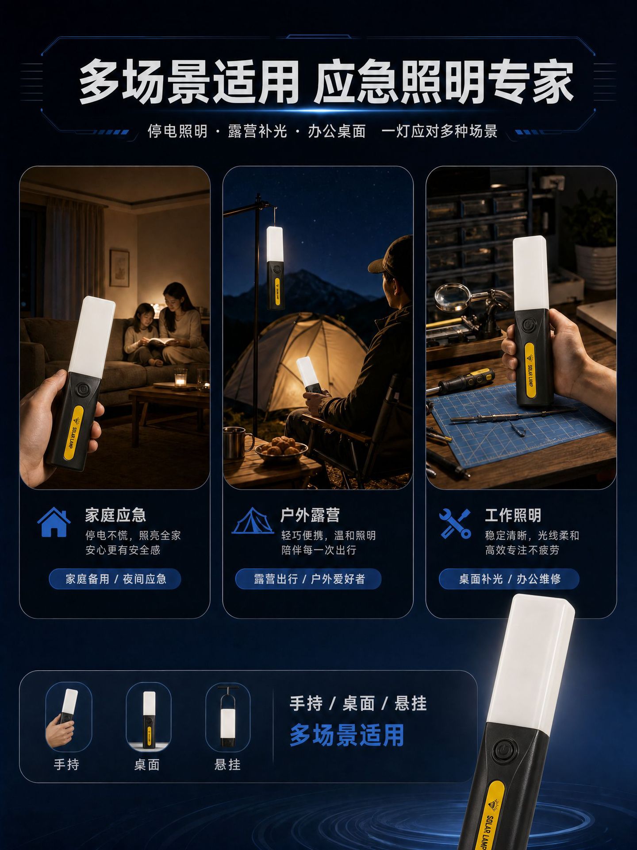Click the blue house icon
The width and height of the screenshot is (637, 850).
(54, 522)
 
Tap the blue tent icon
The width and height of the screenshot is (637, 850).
(253, 521)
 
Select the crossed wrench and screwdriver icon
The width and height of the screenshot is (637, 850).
(455, 523)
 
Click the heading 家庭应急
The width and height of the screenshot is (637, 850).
(115, 515)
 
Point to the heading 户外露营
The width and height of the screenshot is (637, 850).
(311, 515)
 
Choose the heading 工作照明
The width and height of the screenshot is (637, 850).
(513, 515)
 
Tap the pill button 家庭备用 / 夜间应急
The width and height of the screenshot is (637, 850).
(115, 579)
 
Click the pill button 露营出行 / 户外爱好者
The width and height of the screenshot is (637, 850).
(309, 579)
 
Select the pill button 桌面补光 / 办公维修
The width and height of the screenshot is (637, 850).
(510, 579)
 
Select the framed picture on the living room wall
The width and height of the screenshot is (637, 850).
(119, 268)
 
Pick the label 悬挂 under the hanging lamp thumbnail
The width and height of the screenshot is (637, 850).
(227, 765)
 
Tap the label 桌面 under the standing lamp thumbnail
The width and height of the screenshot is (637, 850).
(147, 765)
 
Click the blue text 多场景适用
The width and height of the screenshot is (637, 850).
(347, 735)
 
